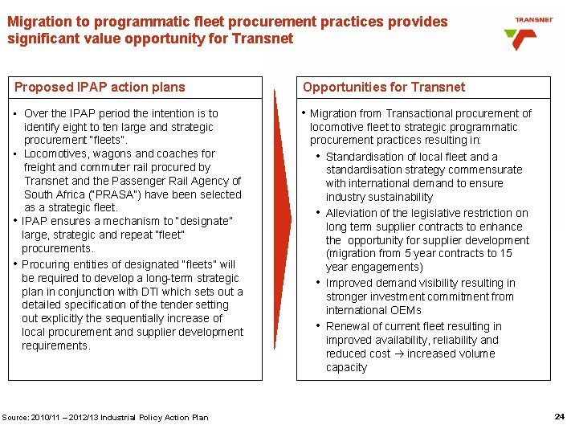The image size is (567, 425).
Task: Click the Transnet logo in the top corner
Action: (x=531, y=32)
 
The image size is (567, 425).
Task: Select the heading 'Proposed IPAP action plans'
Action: (x=100, y=87)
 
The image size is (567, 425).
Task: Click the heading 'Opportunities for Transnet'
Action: (x=383, y=87)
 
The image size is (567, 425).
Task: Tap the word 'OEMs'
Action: (x=404, y=310)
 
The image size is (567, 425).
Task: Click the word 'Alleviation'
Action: (x=353, y=213)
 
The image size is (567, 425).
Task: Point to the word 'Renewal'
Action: (x=347, y=326)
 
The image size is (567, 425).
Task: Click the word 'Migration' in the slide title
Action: (x=37, y=22)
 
